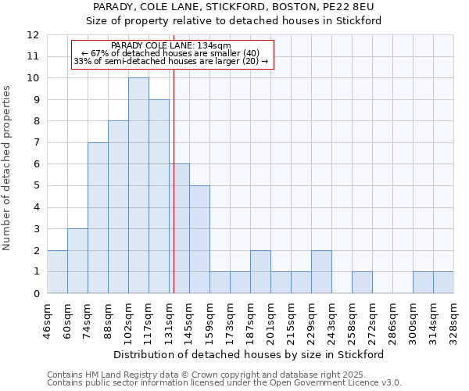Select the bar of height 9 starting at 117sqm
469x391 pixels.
(x=159, y=196)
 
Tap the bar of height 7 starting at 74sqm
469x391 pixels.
(x=98, y=218)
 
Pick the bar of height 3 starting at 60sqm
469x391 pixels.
(x=77, y=261)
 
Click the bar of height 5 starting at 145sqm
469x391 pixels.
(x=199, y=239)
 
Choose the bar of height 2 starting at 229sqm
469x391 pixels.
(x=321, y=272)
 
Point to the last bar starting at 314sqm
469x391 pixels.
(x=443, y=282)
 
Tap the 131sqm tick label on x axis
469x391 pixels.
(x=170, y=321)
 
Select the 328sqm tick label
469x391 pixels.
(x=454, y=321)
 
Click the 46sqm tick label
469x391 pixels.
(x=48, y=321)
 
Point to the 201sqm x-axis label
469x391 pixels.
(x=271, y=321)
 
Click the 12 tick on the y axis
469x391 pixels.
(x=32, y=35)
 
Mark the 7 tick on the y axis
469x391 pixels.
(x=35, y=143)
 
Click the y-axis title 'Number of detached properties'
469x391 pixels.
(x=8, y=168)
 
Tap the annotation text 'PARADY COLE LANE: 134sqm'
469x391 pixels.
(x=171, y=46)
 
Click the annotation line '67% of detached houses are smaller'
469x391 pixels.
(x=172, y=53)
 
